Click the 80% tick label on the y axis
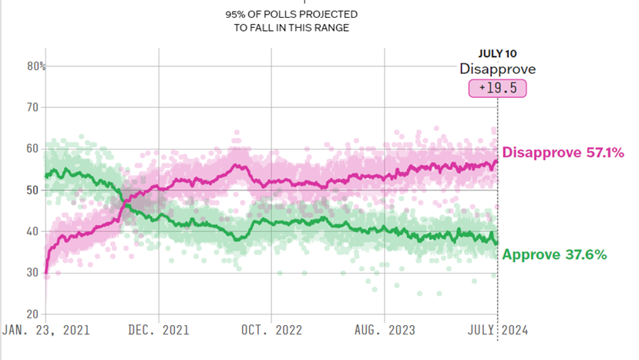click(36, 67)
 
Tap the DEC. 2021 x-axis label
click(159, 331)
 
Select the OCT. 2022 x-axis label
click(271, 331)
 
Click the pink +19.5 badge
click(497, 89)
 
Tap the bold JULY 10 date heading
click(497, 53)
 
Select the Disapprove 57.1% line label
click(551, 153)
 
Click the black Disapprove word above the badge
click(497, 69)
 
